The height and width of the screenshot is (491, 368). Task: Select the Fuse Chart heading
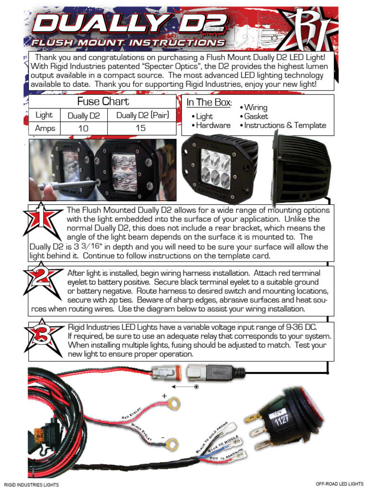pos(103,102)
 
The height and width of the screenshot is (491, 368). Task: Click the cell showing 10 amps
pos(83,129)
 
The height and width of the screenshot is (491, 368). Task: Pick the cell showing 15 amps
pos(140,129)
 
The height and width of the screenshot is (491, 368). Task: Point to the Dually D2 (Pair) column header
pos(142,116)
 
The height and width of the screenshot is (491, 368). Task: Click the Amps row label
pos(45,129)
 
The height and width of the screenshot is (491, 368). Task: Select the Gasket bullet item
pos(256,117)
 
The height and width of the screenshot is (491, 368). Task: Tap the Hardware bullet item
pos(210,126)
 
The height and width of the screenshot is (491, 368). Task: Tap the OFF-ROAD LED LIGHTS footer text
pos(339,484)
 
